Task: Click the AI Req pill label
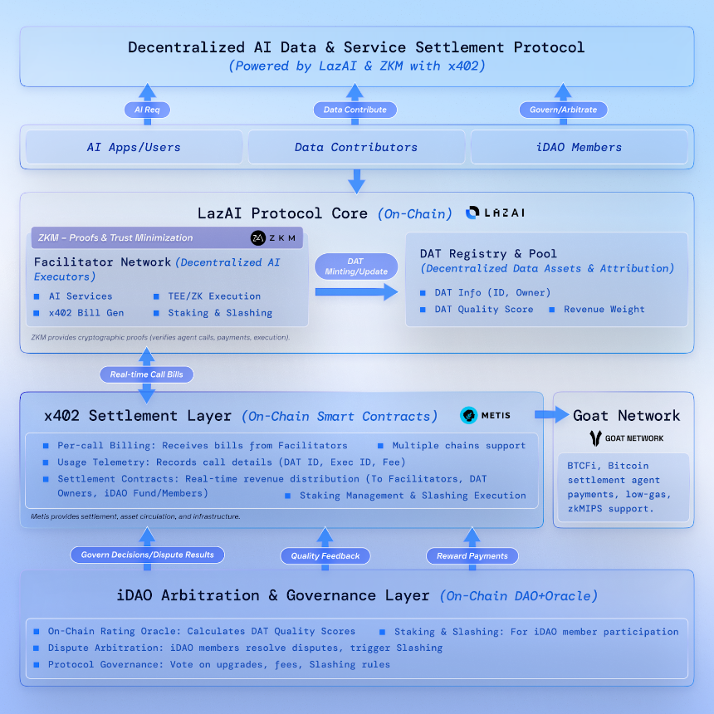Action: [x=147, y=110]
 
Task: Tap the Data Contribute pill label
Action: [x=355, y=110]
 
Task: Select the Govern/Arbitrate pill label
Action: [x=563, y=110]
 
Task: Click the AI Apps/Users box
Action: [x=134, y=147]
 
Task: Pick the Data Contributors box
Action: [x=356, y=147]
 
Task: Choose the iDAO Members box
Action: [x=580, y=147]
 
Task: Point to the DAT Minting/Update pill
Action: [x=356, y=267]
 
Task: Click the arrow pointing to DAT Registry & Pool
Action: [x=356, y=291]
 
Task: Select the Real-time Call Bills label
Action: [x=147, y=374]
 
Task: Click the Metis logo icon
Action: [x=470, y=415]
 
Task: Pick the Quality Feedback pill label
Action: [x=325, y=555]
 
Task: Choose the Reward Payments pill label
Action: [x=472, y=555]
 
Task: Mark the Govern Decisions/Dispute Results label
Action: [x=148, y=555]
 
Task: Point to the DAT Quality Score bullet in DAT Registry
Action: [x=484, y=309]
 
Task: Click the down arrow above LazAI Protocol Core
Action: [x=356, y=180]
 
